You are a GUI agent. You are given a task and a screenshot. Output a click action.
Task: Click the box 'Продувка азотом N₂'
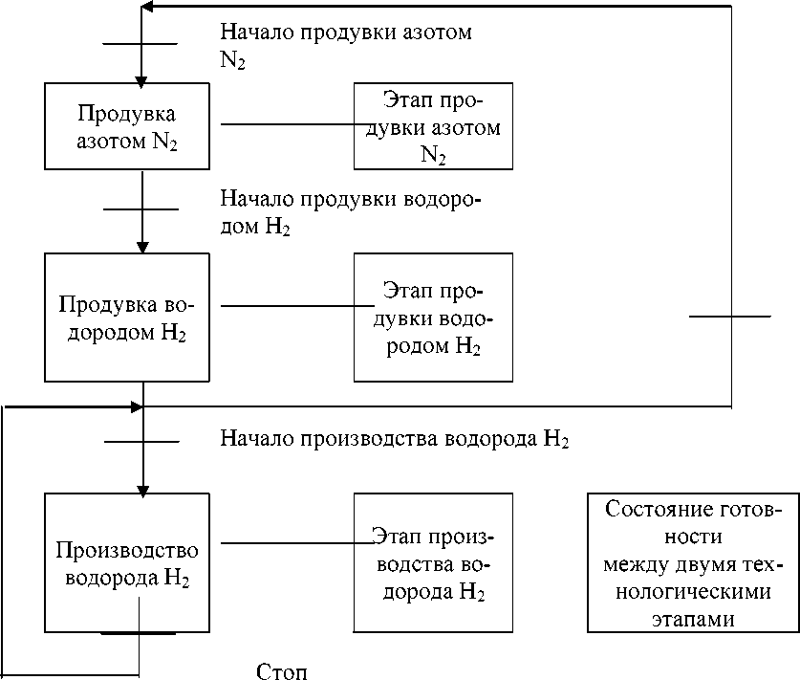point(126,125)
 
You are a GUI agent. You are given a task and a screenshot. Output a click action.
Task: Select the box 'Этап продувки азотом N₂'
point(433,125)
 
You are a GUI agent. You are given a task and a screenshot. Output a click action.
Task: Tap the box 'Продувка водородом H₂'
point(126,318)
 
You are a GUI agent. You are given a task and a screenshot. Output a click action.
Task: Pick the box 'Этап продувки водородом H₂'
point(433,318)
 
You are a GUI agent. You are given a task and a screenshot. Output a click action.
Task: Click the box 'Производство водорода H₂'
point(126,562)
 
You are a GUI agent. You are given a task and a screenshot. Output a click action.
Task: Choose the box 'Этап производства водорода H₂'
point(433,562)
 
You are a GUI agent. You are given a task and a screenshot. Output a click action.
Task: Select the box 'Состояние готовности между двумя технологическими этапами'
point(693,562)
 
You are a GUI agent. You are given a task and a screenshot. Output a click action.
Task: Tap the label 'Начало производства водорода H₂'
point(394,440)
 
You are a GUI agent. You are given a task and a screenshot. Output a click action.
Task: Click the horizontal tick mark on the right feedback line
point(729,316)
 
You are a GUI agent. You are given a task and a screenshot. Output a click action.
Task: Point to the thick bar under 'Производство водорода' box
point(139,633)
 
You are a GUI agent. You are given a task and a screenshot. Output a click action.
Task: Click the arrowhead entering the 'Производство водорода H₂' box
point(141,486)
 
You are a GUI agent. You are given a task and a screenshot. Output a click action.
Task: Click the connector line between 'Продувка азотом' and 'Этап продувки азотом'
point(287,124)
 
